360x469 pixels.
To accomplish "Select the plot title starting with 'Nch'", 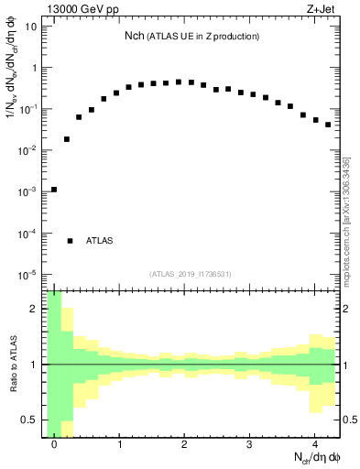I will tap(191, 36).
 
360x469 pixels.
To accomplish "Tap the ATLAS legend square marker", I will tap(70, 241).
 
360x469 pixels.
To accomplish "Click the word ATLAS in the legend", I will tap(99, 241).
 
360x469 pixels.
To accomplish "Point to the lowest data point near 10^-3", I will tap(54, 190).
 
